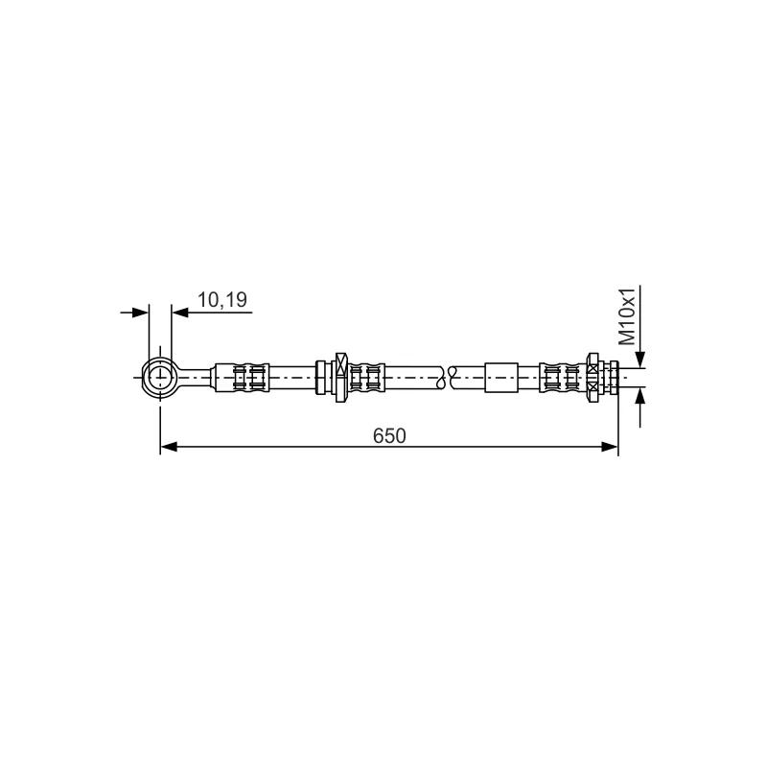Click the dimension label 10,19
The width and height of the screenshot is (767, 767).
[x=222, y=300]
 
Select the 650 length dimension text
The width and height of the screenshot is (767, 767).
[x=389, y=436]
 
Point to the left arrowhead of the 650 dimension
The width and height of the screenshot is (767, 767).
[x=169, y=447]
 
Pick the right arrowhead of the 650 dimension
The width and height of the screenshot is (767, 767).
[x=610, y=447]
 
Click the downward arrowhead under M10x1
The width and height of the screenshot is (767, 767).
[x=640, y=360]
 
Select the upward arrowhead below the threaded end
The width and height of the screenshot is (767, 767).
[x=640, y=395]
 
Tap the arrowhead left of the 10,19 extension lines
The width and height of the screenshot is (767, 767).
[x=140, y=313]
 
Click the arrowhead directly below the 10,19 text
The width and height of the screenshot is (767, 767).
[x=180, y=313]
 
